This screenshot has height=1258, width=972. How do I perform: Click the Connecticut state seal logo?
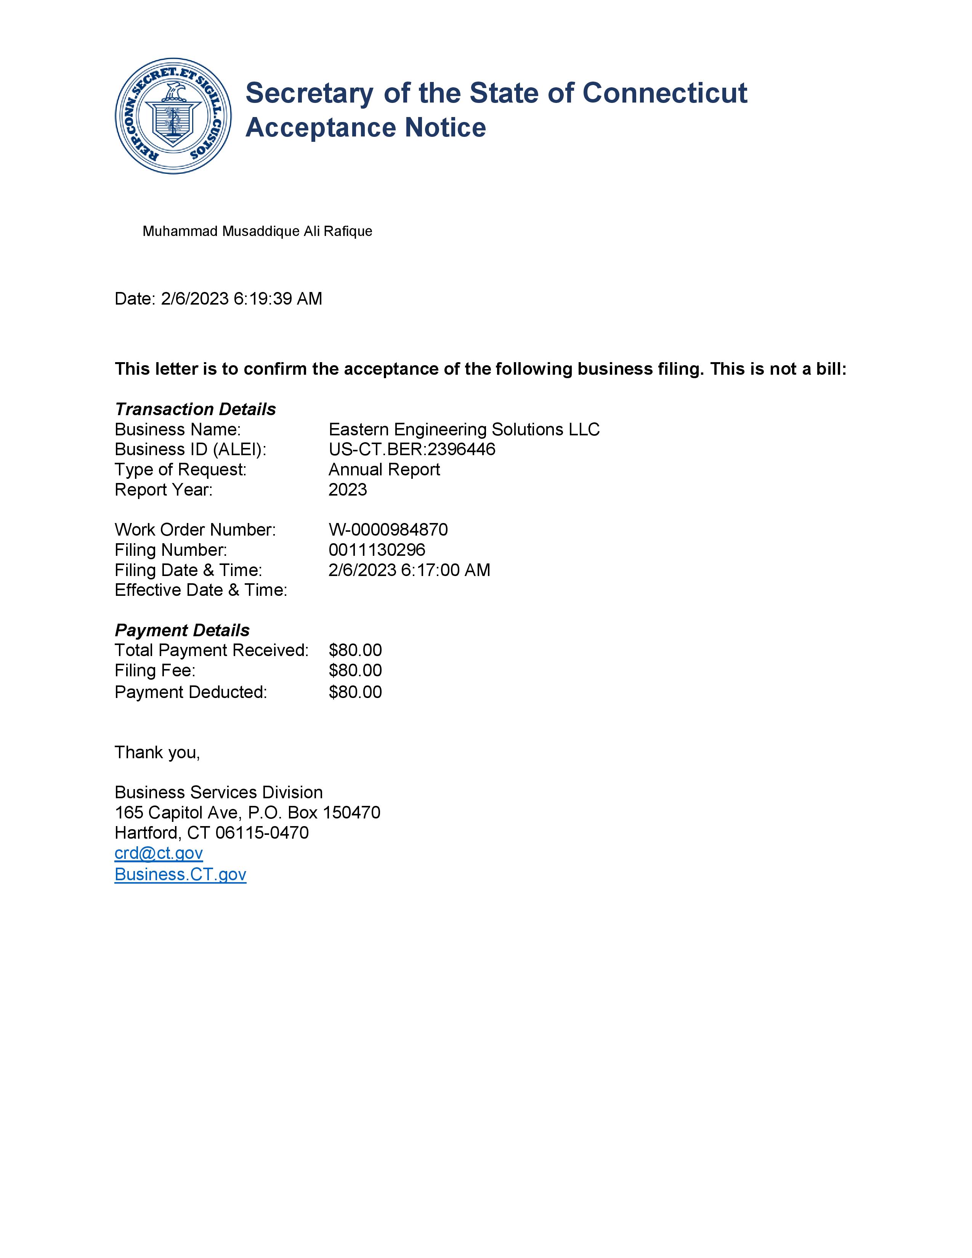(173, 116)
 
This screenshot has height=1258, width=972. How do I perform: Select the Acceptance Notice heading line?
(366, 128)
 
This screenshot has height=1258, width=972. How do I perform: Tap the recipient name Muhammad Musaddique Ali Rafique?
(257, 231)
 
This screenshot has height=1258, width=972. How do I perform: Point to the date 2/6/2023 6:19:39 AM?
(241, 299)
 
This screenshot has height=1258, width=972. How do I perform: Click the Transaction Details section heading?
(195, 409)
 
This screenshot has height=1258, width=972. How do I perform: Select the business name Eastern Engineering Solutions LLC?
(464, 430)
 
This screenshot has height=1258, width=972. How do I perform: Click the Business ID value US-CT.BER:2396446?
(412, 449)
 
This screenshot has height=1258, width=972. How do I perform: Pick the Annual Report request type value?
(384, 469)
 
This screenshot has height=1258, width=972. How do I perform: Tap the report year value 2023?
(348, 489)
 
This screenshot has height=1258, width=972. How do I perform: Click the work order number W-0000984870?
(388, 530)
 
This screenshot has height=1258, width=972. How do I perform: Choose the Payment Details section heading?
(182, 630)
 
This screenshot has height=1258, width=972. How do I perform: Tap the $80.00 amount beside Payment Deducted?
(355, 692)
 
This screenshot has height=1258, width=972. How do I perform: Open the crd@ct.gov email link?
(159, 853)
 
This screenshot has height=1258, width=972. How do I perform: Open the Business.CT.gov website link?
(180, 875)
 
